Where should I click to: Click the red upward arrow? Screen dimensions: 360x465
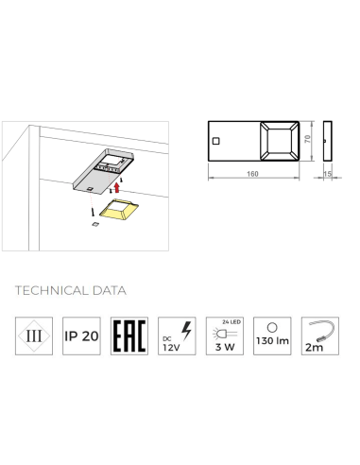pos(117,187)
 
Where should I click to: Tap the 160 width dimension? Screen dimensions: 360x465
pos(252,174)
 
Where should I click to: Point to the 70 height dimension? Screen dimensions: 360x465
pos(308,139)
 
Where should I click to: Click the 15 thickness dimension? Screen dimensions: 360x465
pos(328,174)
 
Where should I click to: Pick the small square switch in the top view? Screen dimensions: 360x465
pos(215,141)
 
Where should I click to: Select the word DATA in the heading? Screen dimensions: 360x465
pos(110,290)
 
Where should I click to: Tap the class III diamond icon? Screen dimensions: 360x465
pos(34,336)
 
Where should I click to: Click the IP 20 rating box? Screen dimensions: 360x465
pos(81,336)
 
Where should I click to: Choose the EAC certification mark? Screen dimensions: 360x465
pos(129,336)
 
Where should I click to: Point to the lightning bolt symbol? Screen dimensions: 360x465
pos(186,331)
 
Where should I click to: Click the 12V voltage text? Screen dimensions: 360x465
pos(171,348)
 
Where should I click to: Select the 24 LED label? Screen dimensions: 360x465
pos(231,322)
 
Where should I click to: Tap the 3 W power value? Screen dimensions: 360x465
pos(225,347)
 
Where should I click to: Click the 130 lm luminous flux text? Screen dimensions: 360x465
pos(272,341)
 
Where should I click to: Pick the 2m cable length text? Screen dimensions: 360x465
pos(314,348)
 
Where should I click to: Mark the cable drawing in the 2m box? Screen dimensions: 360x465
pos(320,329)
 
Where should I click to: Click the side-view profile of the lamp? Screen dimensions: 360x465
pos(328,141)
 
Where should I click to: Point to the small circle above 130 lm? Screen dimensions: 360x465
pos(272,328)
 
